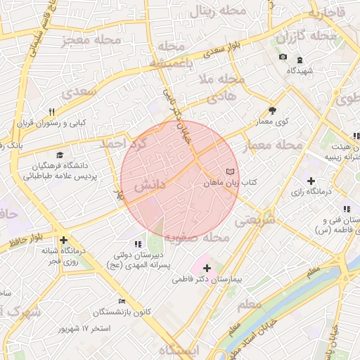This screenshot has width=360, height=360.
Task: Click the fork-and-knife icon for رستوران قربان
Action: pyautogui.click(x=52, y=112)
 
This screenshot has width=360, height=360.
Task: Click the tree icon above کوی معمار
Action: pyautogui.click(x=272, y=110)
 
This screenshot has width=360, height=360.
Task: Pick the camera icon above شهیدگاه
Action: pyautogui.click(x=283, y=57)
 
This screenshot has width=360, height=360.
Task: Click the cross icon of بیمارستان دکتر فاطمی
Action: pyautogui.click(x=207, y=268)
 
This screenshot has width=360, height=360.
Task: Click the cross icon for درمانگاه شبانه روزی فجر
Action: pyautogui.click(x=63, y=239)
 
